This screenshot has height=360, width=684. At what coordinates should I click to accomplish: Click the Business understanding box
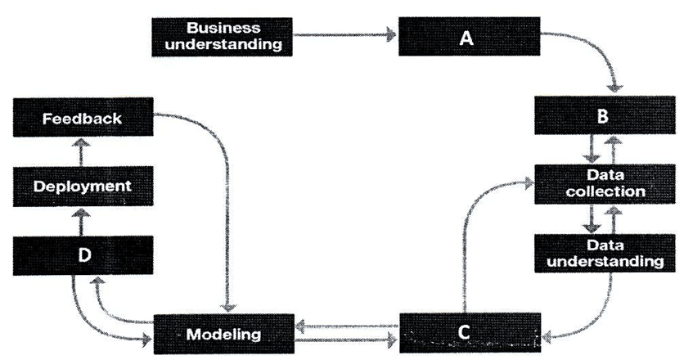point(223,35)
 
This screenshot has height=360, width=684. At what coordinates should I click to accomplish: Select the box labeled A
point(468,36)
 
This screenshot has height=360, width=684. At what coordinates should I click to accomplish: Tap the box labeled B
point(602,116)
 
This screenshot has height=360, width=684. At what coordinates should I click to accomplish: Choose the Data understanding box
point(602,254)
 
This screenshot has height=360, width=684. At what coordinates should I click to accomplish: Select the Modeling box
point(223,334)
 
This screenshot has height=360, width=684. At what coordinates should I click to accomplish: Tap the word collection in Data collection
point(605,192)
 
